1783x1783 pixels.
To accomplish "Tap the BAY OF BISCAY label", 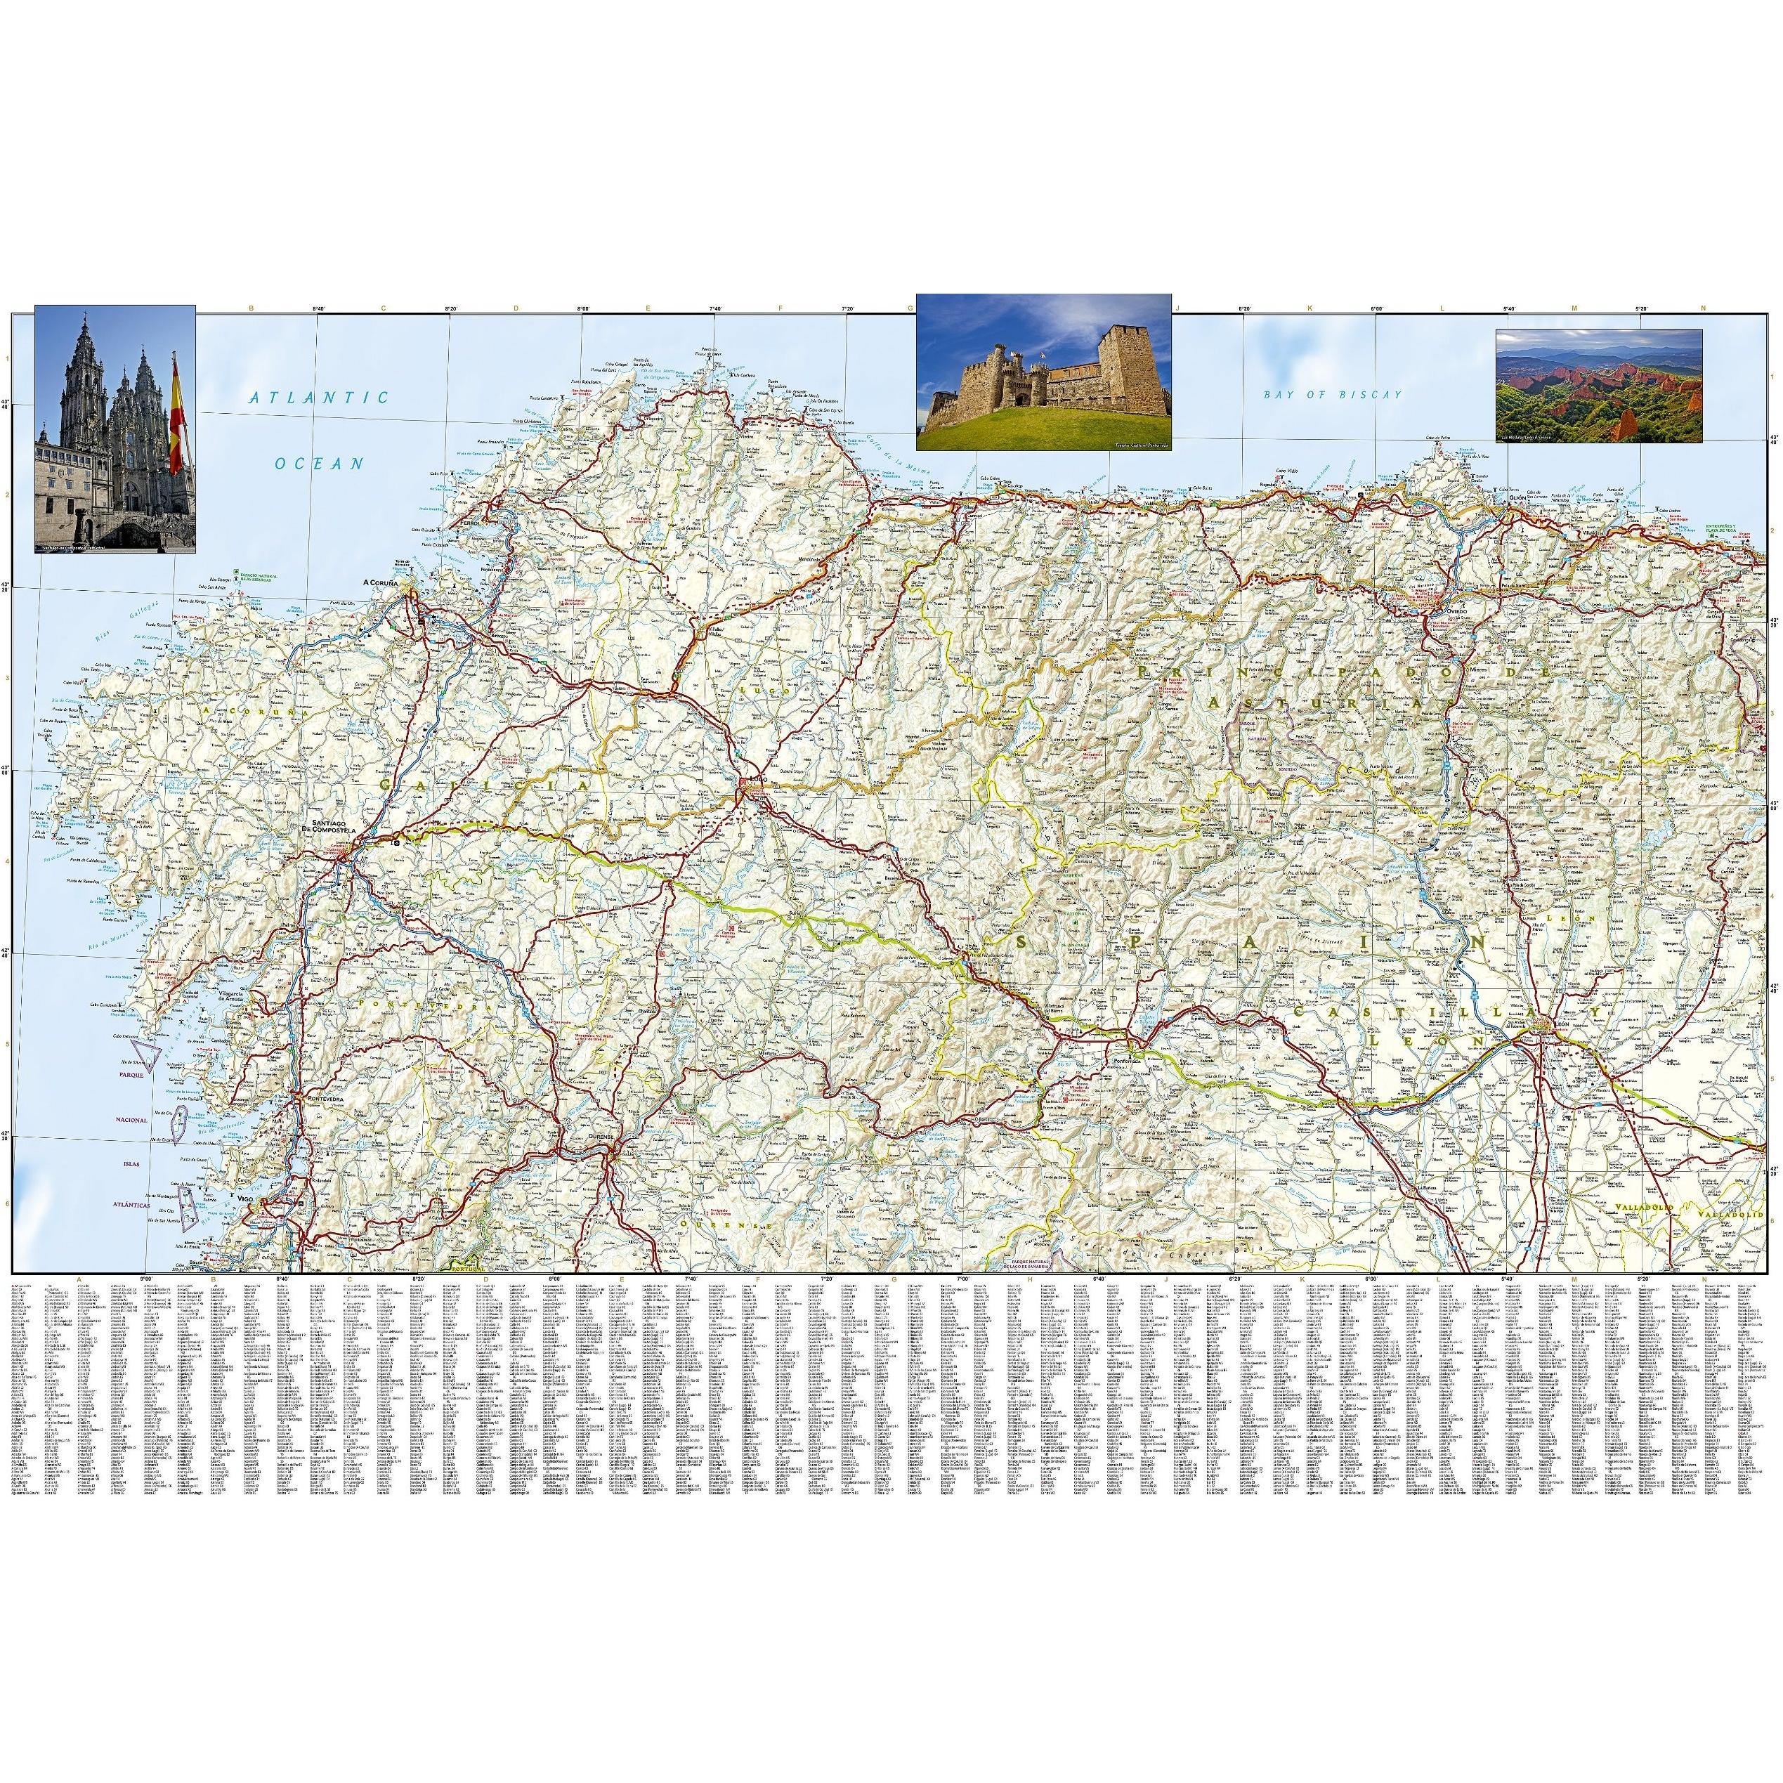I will coord(1333,395).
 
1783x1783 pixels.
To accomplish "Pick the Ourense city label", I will coord(601,1138).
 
